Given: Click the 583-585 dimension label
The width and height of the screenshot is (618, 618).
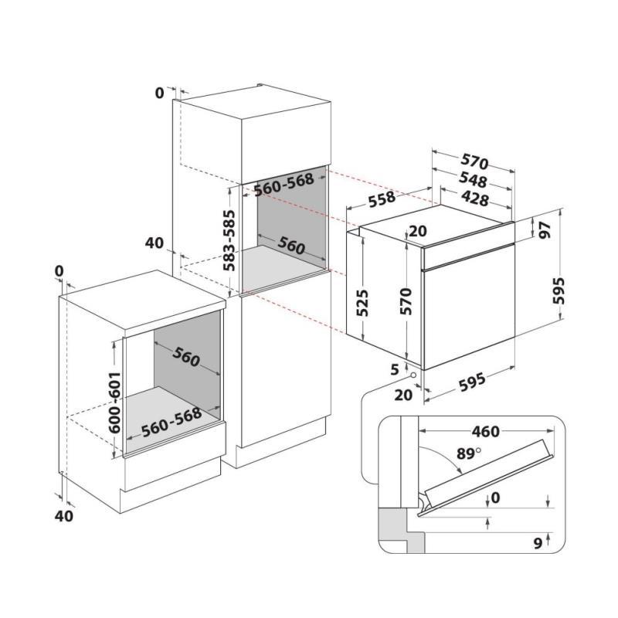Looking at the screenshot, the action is [x=229, y=241].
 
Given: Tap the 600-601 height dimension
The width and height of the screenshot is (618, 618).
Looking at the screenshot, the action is [x=114, y=402].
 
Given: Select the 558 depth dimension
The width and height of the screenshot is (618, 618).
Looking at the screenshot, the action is [x=382, y=199].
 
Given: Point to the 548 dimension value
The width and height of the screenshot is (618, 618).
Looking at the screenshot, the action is [x=473, y=180].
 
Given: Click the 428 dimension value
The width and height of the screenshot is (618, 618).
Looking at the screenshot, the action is [x=475, y=199].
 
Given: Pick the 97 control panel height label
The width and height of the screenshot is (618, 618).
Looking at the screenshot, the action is [x=545, y=230].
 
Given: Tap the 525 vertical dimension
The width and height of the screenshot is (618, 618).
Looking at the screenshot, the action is [x=362, y=303].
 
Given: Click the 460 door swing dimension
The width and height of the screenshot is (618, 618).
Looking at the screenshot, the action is [x=486, y=432].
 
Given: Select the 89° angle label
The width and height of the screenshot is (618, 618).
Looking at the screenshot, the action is [x=469, y=453].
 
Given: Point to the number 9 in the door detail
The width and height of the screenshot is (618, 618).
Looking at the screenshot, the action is [x=538, y=543].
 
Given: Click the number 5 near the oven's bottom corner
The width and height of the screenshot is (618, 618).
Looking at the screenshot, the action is [x=395, y=369].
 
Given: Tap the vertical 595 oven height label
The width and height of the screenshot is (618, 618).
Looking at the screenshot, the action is [x=559, y=291].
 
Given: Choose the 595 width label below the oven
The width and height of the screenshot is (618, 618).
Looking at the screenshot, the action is [x=472, y=382].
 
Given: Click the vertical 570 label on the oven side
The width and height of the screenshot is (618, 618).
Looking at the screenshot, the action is [x=406, y=301].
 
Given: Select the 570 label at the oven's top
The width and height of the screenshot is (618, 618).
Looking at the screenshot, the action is [x=475, y=161].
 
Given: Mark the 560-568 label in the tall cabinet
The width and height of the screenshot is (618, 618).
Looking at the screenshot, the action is [x=284, y=184].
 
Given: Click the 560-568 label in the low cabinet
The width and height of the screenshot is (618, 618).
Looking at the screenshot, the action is [x=171, y=422].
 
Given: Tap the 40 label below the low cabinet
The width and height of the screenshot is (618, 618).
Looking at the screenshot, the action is [x=64, y=515].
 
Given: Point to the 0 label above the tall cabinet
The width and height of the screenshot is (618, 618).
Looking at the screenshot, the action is [x=159, y=93].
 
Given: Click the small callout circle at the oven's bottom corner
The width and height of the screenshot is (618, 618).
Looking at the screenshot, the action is [x=413, y=375].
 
